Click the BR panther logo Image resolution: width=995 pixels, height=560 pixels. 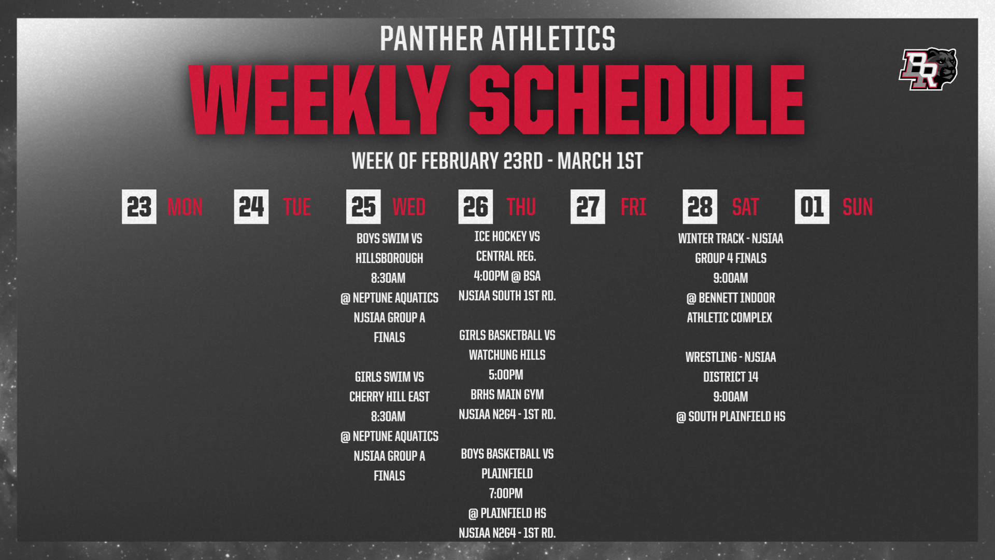pos(928,69)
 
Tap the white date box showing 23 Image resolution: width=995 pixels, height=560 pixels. pos(139,206)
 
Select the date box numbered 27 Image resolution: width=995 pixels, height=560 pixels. pos(588,206)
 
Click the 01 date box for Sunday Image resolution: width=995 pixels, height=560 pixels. pos(812,206)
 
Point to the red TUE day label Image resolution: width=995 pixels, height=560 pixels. pos(297,207)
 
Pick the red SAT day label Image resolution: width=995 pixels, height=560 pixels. pos(745,207)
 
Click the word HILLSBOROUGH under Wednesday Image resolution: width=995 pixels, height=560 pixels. pos(389,258)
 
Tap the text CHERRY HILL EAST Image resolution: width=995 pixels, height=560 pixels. pos(389,397)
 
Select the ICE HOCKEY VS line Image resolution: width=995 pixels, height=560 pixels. pos(507,236)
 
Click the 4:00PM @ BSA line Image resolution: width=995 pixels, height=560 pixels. pos(507,276)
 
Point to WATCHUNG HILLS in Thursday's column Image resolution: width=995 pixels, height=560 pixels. pos(507,355)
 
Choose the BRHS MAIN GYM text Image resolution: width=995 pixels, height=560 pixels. pos(507,395)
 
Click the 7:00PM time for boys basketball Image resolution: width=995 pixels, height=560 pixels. pos(506,494)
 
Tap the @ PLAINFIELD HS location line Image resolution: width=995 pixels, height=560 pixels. pos(507,513)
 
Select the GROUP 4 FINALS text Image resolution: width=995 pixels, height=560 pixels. pos(731,258)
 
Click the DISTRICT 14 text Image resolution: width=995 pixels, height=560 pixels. pos(731,377)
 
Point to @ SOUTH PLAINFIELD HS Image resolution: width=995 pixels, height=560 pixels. pos(731,416)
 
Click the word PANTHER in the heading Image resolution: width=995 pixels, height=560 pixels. pos(431,38)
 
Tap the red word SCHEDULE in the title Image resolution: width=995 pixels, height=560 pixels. pos(637,100)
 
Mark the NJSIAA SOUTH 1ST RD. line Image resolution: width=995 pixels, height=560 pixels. pos(507,296)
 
